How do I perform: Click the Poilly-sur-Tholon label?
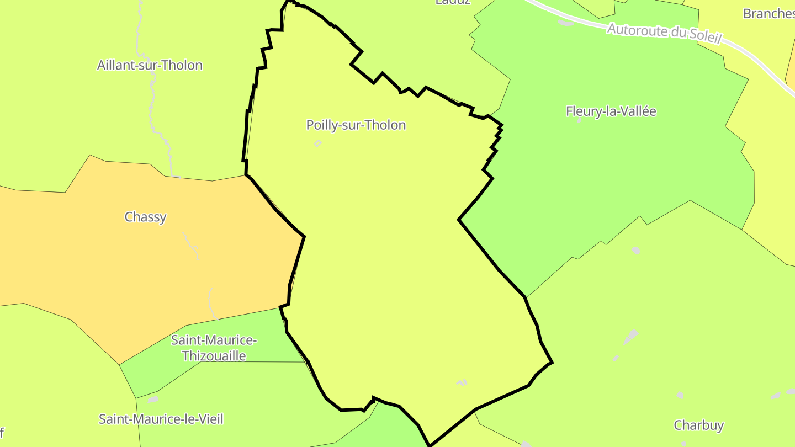(x=356, y=125)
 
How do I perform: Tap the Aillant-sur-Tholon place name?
(x=150, y=65)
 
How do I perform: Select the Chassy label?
(x=145, y=217)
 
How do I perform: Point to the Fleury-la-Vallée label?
(x=611, y=111)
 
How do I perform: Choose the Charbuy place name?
(x=698, y=425)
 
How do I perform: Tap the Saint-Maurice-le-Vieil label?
(x=161, y=419)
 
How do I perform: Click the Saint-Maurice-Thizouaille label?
(x=214, y=348)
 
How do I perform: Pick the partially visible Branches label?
(x=768, y=13)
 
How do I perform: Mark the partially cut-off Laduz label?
(x=453, y=2)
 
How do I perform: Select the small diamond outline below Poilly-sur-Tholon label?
(x=317, y=143)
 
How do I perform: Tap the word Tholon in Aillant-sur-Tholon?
(x=182, y=65)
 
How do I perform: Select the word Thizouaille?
(x=214, y=356)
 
